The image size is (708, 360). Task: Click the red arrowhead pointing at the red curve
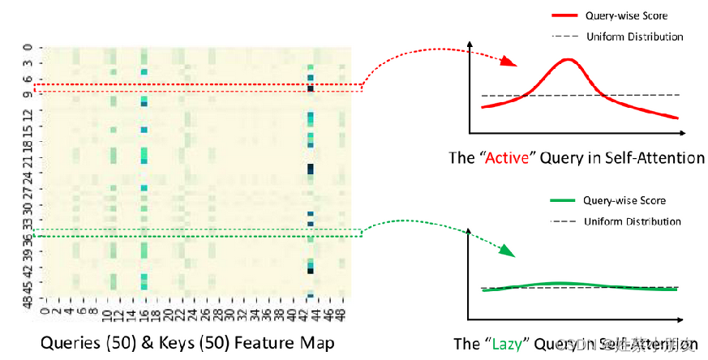point(508,62)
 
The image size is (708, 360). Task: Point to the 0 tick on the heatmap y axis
point(29,47)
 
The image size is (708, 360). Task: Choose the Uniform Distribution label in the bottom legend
point(633,221)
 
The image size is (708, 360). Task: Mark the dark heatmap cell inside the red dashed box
point(311,88)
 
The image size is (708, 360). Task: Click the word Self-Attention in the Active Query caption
point(654,158)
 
